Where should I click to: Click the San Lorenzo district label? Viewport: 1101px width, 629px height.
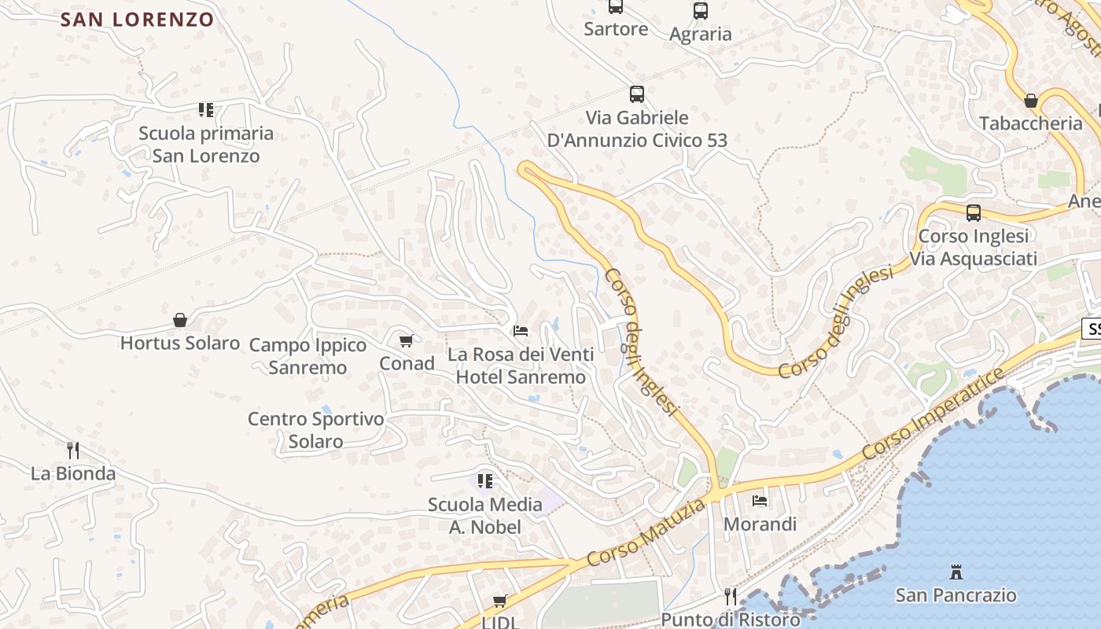click(138, 20)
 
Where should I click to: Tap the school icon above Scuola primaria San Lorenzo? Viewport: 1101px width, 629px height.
click(206, 109)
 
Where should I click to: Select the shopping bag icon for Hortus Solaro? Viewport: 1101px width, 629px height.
click(180, 320)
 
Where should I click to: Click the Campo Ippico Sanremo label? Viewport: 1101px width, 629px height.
click(307, 356)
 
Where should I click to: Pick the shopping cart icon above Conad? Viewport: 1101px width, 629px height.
click(406, 340)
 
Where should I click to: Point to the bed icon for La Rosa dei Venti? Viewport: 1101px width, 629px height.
click(521, 331)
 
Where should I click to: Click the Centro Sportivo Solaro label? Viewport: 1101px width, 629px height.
click(315, 430)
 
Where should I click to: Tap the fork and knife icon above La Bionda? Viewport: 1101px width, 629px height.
click(73, 450)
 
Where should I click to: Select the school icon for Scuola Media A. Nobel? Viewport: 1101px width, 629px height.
click(485, 480)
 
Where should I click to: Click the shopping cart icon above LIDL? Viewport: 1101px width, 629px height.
click(499, 601)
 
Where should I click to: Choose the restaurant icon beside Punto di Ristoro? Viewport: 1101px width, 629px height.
click(731, 597)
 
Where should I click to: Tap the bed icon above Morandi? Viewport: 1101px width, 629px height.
click(760, 500)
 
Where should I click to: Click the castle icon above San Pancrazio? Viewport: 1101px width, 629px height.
click(956, 572)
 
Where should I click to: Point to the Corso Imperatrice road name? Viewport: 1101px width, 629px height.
click(933, 414)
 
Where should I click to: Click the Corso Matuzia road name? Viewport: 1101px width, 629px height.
click(646, 532)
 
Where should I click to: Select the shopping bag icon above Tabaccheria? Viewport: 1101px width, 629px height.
click(1030, 101)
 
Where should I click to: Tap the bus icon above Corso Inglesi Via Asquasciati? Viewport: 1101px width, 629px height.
click(973, 212)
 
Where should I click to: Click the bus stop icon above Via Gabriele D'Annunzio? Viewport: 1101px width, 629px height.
click(637, 94)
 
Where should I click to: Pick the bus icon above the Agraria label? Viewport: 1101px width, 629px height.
click(700, 11)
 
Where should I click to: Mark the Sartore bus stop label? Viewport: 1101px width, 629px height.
click(616, 29)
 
